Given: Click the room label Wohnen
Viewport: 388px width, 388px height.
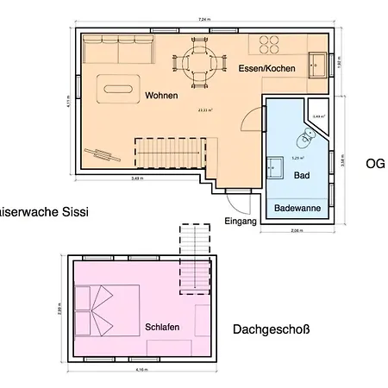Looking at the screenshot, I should click(161, 95).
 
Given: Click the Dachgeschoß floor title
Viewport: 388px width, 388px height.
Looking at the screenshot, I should click(271, 329).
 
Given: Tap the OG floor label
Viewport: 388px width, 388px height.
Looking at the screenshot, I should click(375, 163).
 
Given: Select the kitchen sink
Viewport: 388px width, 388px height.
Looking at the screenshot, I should click(319, 63).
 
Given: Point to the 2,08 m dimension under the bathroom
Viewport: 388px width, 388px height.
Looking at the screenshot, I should click(297, 231).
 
